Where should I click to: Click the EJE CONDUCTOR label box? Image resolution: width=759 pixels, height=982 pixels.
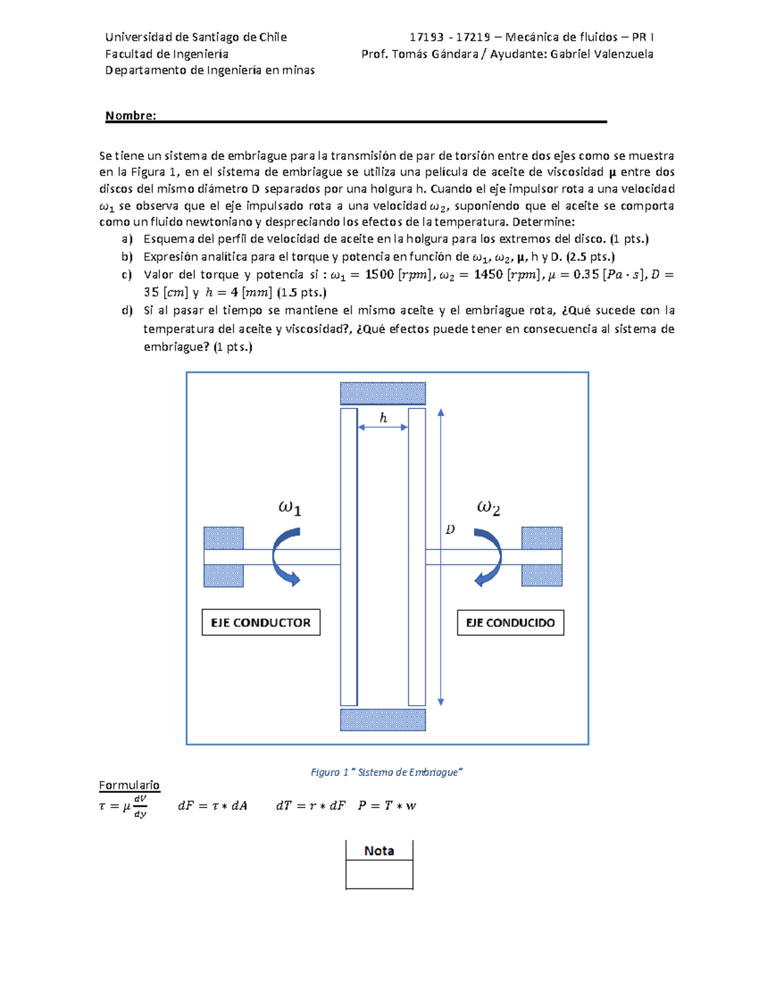(x=261, y=622)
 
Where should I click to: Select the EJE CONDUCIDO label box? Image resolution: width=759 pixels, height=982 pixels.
(x=510, y=622)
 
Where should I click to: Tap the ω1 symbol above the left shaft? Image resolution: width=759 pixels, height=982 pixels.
(x=290, y=508)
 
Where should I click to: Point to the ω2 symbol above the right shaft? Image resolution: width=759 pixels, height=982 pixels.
(x=488, y=508)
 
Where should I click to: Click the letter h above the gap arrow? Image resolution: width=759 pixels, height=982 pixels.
(x=383, y=417)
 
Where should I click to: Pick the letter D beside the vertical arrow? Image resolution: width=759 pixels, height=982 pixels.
(x=450, y=529)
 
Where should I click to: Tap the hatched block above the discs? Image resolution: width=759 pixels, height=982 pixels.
(x=383, y=393)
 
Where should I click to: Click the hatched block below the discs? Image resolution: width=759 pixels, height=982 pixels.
(x=383, y=720)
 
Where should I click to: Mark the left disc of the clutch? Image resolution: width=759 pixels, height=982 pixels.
(x=349, y=556)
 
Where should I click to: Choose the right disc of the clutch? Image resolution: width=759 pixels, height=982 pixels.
(x=417, y=556)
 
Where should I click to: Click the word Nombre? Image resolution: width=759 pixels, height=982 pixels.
(x=130, y=116)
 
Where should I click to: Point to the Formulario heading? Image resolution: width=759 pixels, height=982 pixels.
(x=129, y=785)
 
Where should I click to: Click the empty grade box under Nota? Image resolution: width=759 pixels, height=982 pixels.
(x=379, y=875)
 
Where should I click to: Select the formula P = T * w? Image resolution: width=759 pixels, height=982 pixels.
(x=387, y=806)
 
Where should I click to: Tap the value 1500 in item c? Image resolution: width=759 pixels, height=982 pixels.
(x=379, y=274)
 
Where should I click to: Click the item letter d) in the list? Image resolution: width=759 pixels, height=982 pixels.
(x=127, y=310)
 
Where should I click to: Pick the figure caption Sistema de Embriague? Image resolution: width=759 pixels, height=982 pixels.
(x=387, y=772)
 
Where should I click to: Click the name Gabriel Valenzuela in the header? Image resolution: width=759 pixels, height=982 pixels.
(x=602, y=54)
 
